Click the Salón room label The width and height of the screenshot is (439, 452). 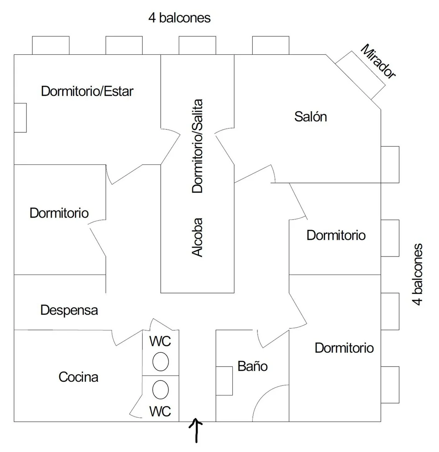click(x=311, y=117)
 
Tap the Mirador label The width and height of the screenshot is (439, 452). click(x=378, y=61)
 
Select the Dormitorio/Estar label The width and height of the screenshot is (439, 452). click(x=87, y=91)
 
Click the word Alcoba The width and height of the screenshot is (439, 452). click(x=198, y=237)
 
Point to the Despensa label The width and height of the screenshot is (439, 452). click(x=69, y=311)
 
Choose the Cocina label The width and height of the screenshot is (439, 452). click(x=78, y=377)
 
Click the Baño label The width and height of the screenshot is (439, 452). click(x=252, y=366)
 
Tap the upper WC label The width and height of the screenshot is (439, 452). click(x=160, y=342)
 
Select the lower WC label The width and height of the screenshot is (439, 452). click(x=160, y=411)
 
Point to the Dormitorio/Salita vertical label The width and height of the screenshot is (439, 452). click(x=198, y=146)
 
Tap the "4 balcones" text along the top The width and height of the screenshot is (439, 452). click(x=180, y=18)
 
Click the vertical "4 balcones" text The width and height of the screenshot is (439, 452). click(x=417, y=275)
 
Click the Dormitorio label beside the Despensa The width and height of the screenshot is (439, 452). click(x=59, y=213)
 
